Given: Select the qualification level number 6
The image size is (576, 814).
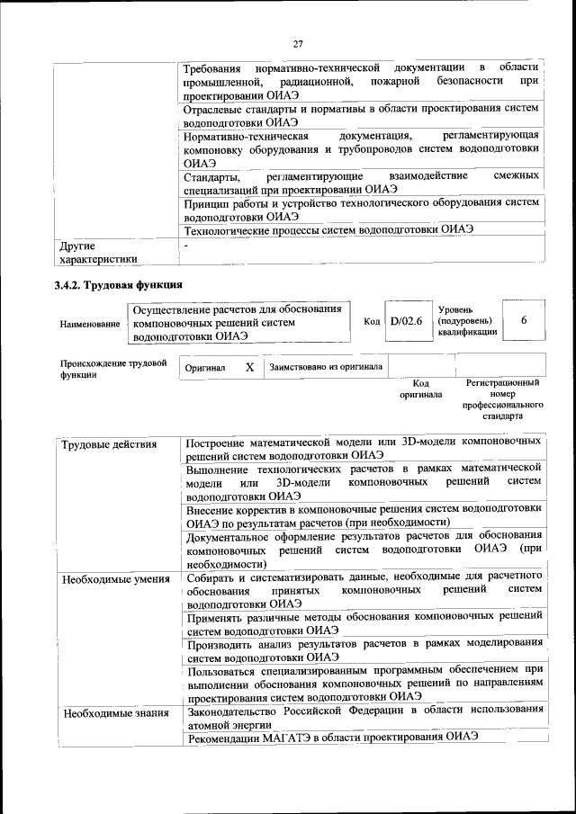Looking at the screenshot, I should (524, 321).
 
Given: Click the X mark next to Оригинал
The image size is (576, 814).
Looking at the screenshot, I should (249, 368).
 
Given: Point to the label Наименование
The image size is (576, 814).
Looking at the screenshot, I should (90, 323).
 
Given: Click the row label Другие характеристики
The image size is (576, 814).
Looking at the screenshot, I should (98, 253).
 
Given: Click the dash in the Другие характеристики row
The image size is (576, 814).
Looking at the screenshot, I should (186, 245).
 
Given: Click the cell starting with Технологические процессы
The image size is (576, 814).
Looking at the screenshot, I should (328, 229).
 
